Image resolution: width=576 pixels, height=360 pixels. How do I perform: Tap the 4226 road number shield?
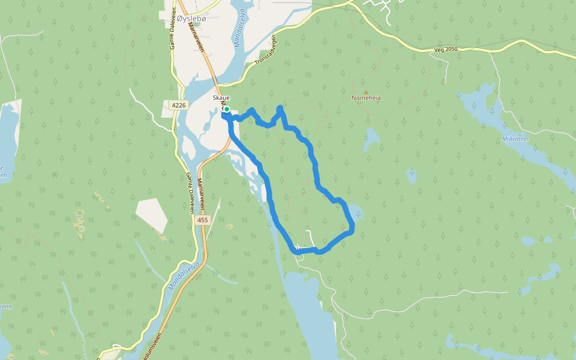[x=179, y=105]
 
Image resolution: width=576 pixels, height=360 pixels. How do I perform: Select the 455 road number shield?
[x=202, y=221]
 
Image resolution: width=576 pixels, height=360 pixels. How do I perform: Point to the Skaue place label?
[x=221, y=98]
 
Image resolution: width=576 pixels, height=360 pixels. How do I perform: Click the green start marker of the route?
[x=227, y=109]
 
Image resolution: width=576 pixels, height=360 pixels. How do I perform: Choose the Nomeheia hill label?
[x=366, y=98]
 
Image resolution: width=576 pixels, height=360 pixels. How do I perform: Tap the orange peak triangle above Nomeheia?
[x=366, y=92]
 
